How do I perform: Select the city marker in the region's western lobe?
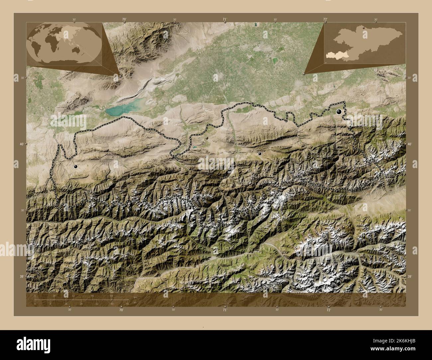pyautogui.click(x=76, y=167)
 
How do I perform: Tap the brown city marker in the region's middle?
pyautogui.click(x=207, y=137)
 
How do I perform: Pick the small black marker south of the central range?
pyautogui.click(x=260, y=154)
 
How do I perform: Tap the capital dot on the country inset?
pyautogui.click(x=364, y=28)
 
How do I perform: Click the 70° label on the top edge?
pyautogui.click(x=124, y=20)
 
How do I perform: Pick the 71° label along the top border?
pyautogui.click(x=225, y=20)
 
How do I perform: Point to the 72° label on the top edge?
pyautogui.click(x=325, y=20)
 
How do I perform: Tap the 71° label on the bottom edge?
pyautogui.click(x=225, y=310)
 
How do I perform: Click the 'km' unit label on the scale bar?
pyautogui.click(x=135, y=297)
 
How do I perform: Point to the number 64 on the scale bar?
pyautogui.click(x=112, y=296)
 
